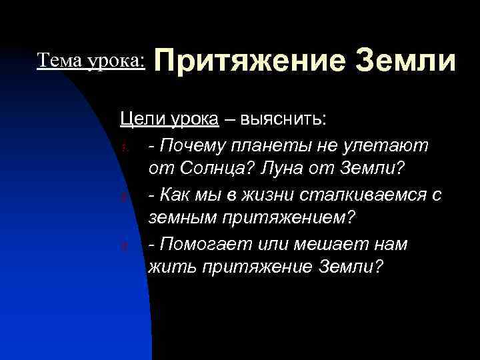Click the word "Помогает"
pyautogui.click(x=199, y=244)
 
